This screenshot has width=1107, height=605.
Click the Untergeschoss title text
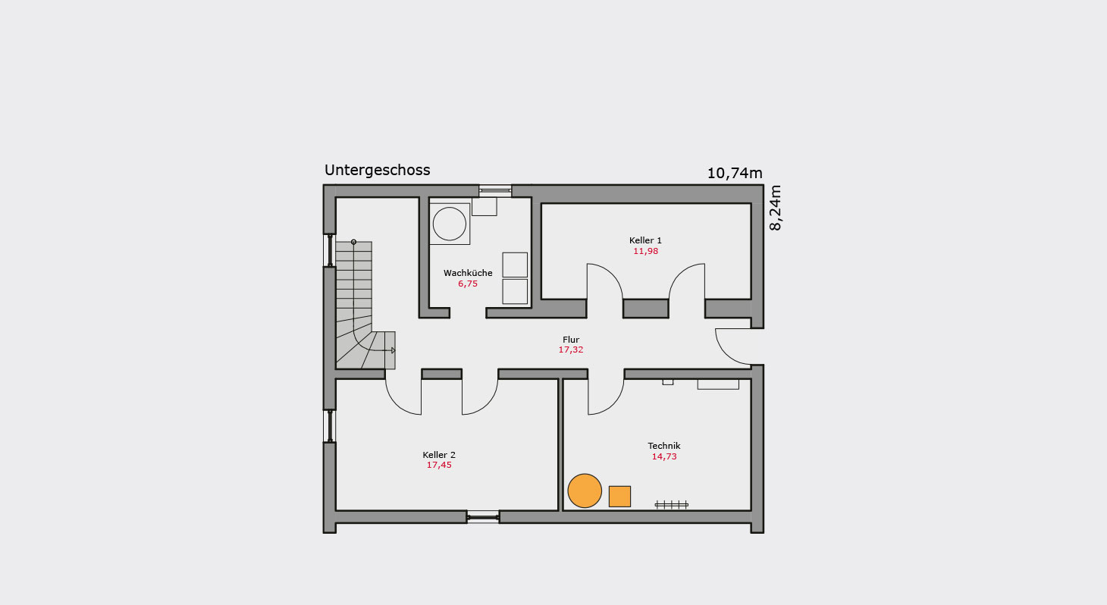point(377,171)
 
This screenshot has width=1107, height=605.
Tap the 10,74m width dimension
point(735,174)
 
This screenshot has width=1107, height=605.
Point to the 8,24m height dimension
point(776,208)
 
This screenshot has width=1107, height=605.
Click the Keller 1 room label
point(645,240)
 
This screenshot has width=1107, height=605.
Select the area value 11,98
point(645,251)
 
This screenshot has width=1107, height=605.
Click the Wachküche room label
point(468,273)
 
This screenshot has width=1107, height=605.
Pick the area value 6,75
point(468,284)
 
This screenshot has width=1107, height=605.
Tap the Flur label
point(571,340)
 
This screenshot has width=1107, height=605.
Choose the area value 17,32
point(571,350)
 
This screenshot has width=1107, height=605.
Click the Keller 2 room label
point(439,455)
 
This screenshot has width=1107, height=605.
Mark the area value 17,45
point(439,465)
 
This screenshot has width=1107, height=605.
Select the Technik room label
point(663,446)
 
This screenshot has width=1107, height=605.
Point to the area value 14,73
point(663,456)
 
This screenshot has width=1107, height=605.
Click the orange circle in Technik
point(585,491)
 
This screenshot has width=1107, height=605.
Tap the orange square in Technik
point(619,497)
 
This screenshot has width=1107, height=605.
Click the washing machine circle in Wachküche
point(449,224)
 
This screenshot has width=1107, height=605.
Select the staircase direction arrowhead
point(394,350)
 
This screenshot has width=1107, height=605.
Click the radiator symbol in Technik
point(671,505)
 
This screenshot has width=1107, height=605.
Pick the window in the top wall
point(495,191)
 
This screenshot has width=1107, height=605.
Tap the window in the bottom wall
point(483,517)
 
